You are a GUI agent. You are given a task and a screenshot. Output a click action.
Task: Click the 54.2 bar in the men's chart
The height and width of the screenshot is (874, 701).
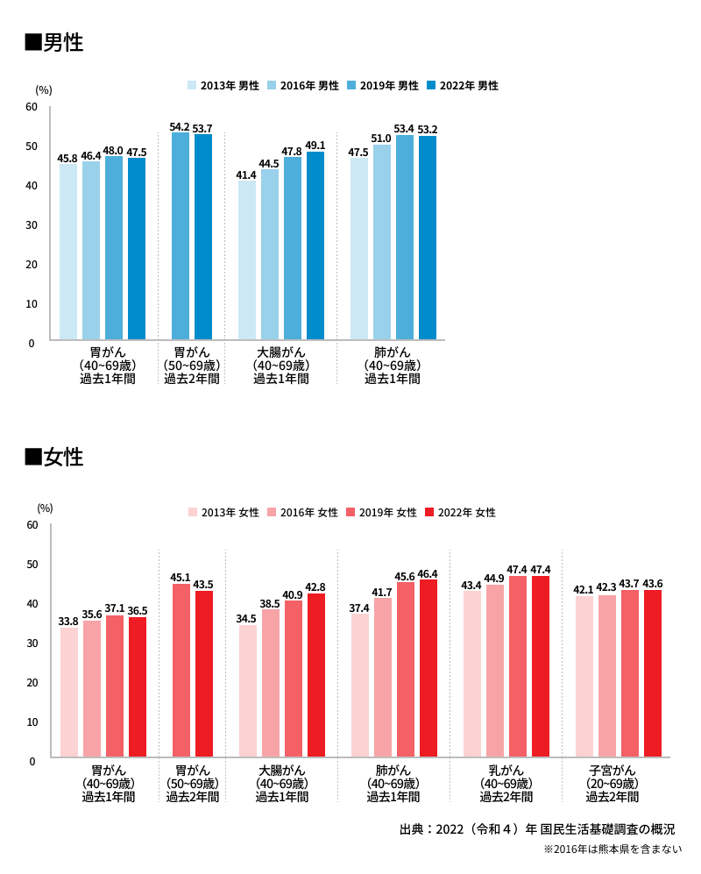pyautogui.click(x=181, y=236)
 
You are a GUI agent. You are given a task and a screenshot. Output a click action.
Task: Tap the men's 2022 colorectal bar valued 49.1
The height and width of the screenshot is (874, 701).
pyautogui.click(x=315, y=245)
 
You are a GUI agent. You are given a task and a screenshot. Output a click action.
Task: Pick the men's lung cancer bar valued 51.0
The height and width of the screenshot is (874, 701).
pyautogui.click(x=382, y=242)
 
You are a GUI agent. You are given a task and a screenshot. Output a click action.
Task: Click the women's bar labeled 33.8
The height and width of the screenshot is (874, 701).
pyautogui.click(x=69, y=693)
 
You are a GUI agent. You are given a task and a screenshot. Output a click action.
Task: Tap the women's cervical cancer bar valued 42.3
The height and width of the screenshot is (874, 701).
pyautogui.click(x=607, y=676)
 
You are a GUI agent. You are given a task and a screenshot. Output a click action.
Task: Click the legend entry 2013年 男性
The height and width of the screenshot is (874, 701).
pyautogui.click(x=223, y=86)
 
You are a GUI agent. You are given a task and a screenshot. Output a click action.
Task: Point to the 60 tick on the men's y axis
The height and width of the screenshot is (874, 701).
pyautogui.click(x=32, y=107)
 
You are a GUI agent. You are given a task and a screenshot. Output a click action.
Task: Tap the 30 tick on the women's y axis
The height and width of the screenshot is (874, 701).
pyautogui.click(x=32, y=643)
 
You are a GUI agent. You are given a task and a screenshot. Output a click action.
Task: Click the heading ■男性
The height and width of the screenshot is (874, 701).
pyautogui.click(x=54, y=42)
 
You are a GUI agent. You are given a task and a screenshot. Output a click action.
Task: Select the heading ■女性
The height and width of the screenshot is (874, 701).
pyautogui.click(x=54, y=457)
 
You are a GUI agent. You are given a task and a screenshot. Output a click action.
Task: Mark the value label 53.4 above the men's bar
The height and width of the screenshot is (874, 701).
pyautogui.click(x=404, y=129)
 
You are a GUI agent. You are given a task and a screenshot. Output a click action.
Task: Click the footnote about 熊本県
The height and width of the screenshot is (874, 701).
pyautogui.click(x=612, y=849)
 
